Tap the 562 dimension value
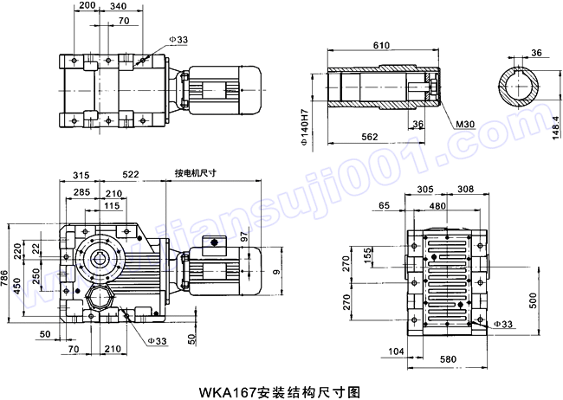tap(370, 136)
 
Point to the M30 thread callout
tap(466, 125)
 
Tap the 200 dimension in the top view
tap(87, 5)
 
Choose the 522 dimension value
tap(132, 175)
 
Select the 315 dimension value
tap(82, 175)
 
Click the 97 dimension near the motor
tap(244, 237)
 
